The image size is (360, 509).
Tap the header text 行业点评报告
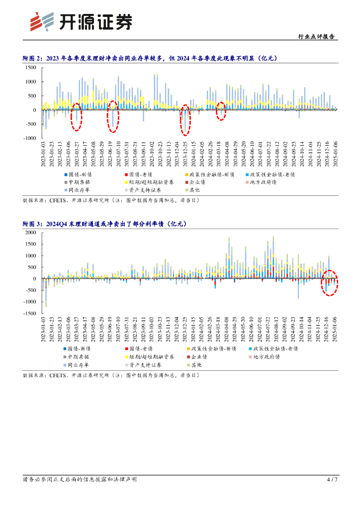(316, 36)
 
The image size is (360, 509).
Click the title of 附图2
(150, 59)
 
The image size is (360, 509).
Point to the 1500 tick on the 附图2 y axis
(31, 68)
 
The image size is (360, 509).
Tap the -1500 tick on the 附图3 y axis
(30, 314)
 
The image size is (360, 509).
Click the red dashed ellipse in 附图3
(329, 283)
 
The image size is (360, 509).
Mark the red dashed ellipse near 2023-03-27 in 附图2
(76, 117)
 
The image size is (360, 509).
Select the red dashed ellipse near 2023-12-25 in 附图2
(185, 120)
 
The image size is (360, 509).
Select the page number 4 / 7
(332, 480)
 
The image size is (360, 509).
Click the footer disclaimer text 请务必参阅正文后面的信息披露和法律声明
(80, 480)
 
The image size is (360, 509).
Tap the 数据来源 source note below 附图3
(111, 374)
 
